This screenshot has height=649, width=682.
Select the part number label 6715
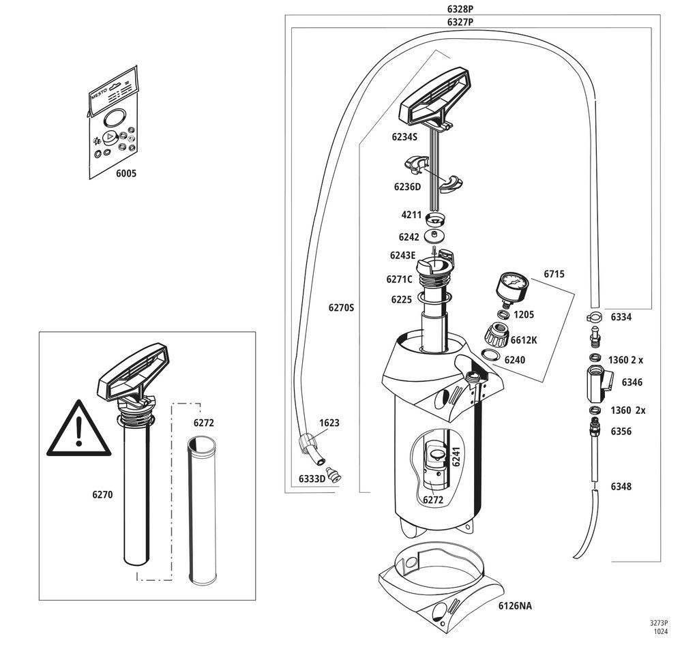point(554,274)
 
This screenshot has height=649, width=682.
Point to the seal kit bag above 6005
point(115,121)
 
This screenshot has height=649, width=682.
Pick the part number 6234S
point(405,136)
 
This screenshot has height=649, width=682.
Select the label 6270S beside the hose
point(340,307)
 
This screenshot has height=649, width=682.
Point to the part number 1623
point(328,423)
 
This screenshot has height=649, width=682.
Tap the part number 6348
point(621,487)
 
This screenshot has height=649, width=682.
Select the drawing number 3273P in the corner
point(658,623)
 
